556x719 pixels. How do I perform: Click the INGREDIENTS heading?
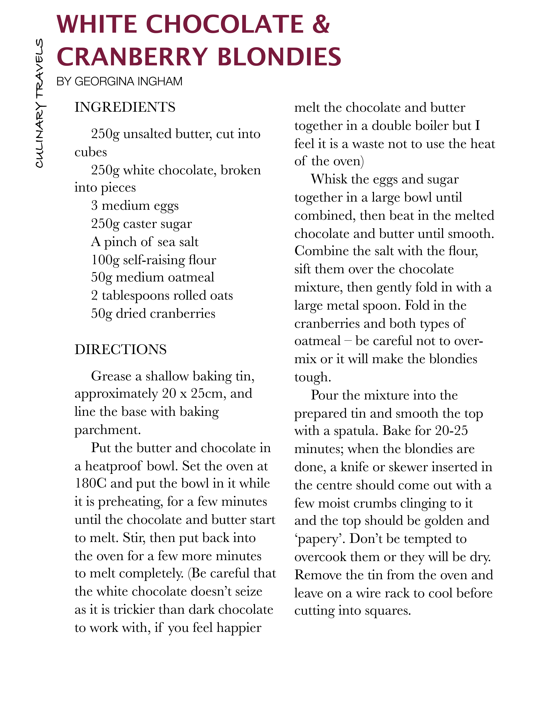point(125,107)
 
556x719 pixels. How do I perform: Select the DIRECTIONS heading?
point(121,349)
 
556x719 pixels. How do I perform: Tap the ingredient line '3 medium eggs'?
point(135,205)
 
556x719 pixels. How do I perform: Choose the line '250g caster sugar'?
point(141,224)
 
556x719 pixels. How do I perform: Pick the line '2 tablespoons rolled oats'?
point(162,295)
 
